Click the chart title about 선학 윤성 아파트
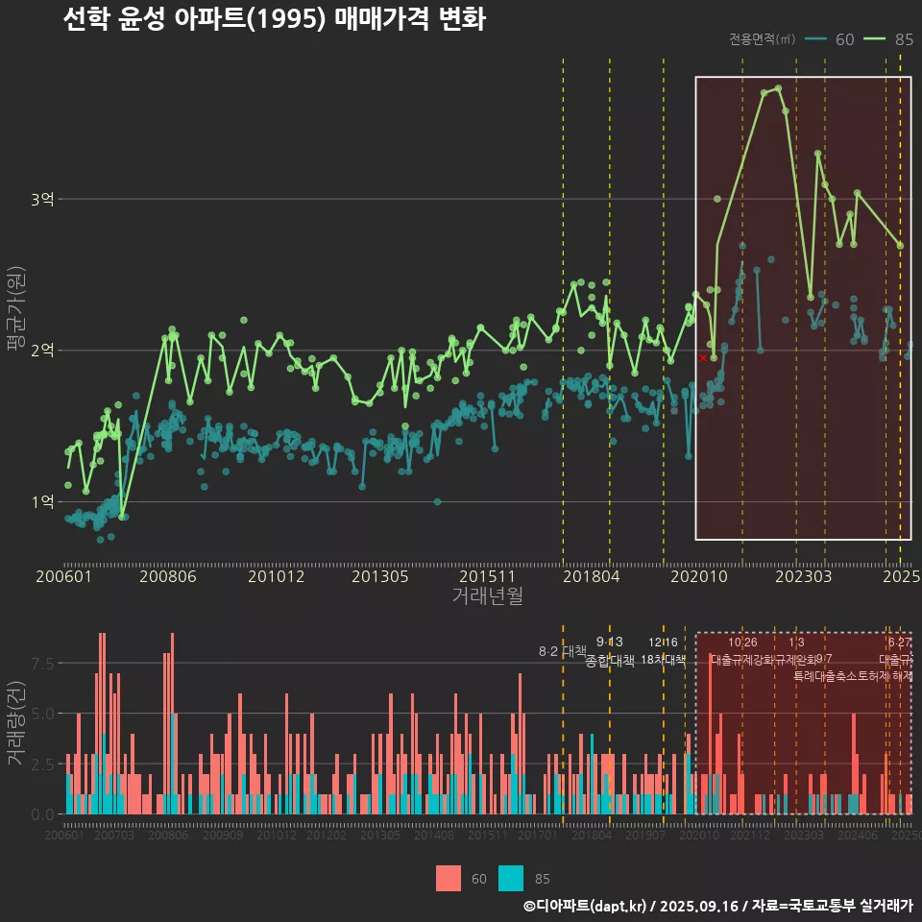274,19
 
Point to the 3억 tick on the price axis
42,200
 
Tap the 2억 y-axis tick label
42,351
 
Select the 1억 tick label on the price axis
42,501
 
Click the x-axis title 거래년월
487,595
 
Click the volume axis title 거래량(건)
15,723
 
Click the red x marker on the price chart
703,357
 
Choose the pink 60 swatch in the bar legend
449,878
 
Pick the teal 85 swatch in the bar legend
511,878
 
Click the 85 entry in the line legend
903,39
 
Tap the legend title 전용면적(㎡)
762,39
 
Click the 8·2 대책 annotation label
562,651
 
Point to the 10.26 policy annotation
742,642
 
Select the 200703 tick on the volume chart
114,836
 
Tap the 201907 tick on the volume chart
645,836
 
